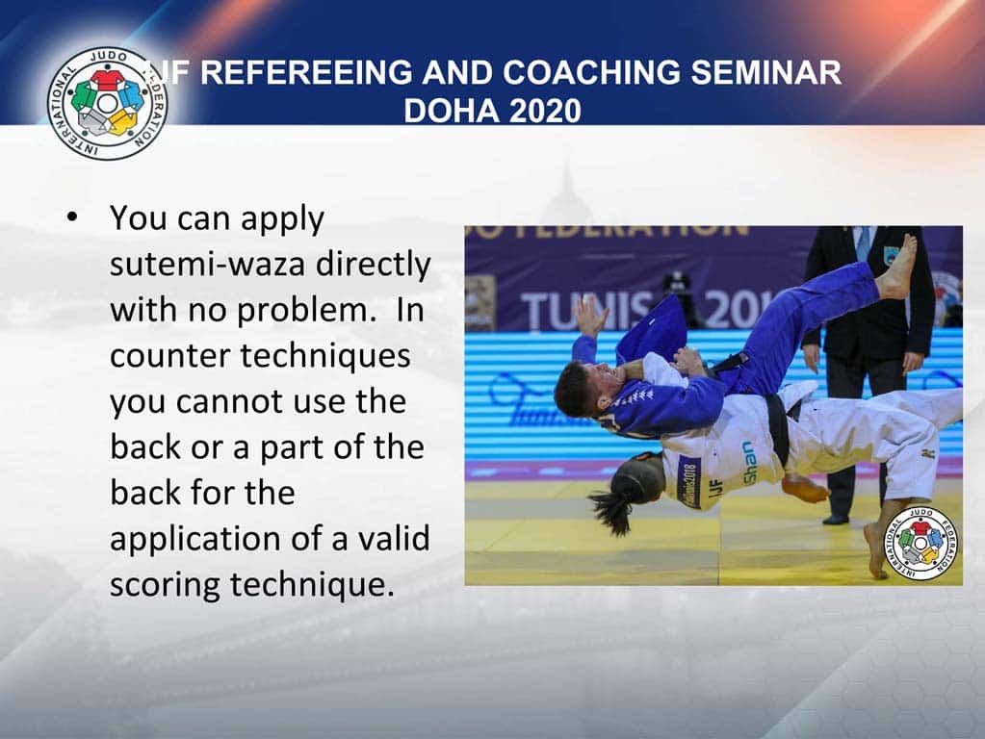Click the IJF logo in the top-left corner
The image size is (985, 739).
[x=107, y=103]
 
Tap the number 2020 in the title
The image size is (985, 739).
[x=545, y=111]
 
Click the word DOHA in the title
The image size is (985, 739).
[x=447, y=111]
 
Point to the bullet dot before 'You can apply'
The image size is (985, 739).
[x=71, y=218]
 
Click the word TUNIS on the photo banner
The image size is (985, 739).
[x=586, y=309]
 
